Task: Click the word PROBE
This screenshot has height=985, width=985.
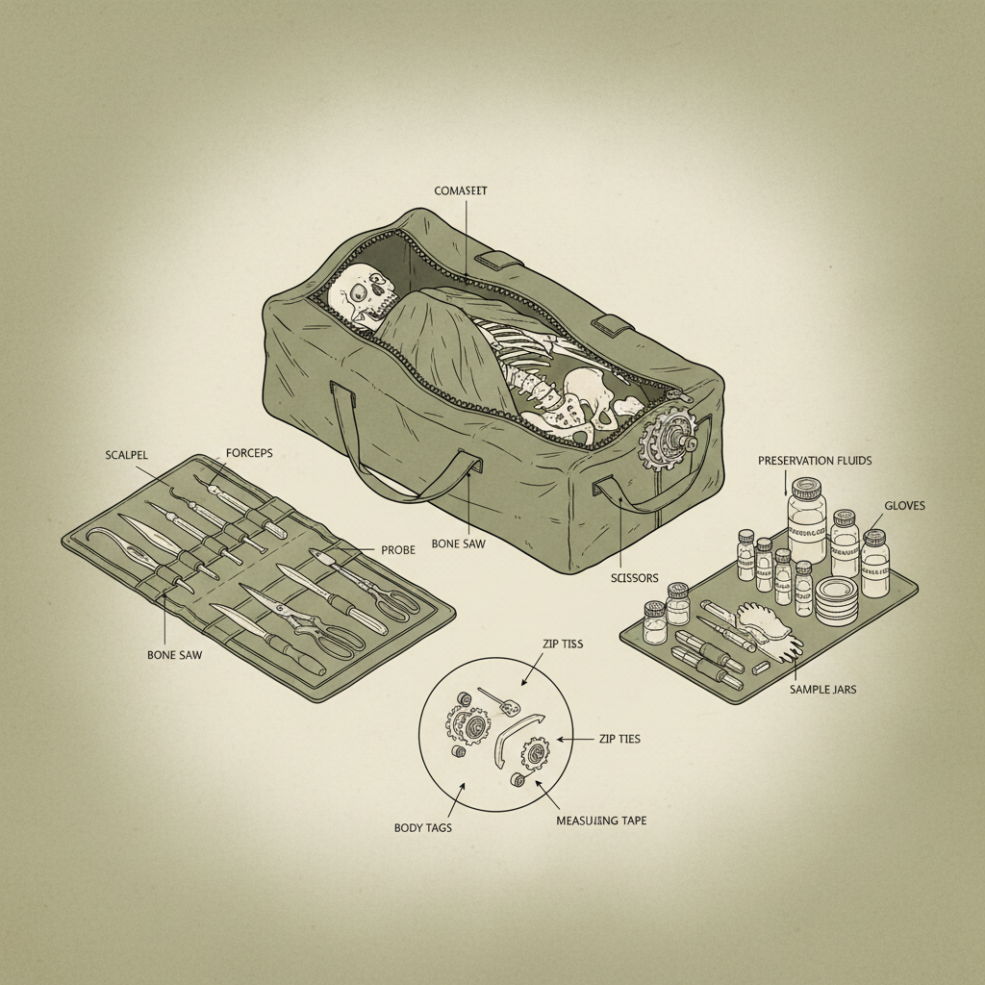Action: pyautogui.click(x=397, y=549)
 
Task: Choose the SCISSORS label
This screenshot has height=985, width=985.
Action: pyautogui.click(x=635, y=578)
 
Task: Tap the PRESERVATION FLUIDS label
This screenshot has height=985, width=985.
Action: pyautogui.click(x=815, y=461)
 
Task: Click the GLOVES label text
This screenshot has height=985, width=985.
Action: pyautogui.click(x=904, y=504)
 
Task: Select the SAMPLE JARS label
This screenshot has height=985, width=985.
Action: pyautogui.click(x=822, y=690)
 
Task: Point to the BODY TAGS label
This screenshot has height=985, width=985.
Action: pyautogui.click(x=424, y=826)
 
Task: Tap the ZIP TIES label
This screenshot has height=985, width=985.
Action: pyautogui.click(x=619, y=739)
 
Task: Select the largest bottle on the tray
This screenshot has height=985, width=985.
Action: pyautogui.click(x=806, y=524)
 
